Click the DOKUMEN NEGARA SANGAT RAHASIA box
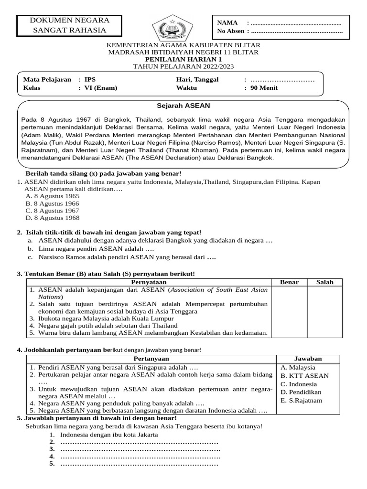pyautogui.click(x=70, y=26)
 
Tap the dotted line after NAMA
pyautogui.click(x=296, y=23)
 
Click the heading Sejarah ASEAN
pyautogui.click(x=183, y=105)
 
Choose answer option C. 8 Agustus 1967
pyautogui.click(x=53, y=211)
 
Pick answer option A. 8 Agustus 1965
pyautogui.click(x=53, y=196)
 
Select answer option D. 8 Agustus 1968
pyautogui.click(x=53, y=218)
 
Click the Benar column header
pyautogui.click(x=289, y=282)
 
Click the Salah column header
pyautogui.click(x=325, y=282)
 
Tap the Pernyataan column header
pyautogui.click(x=148, y=282)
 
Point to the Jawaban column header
pyautogui.click(x=308, y=359)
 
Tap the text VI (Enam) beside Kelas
pyautogui.click(x=100, y=88)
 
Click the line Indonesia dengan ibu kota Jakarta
pyautogui.click(x=109, y=435)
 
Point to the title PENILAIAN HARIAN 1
pyautogui.click(x=183, y=59)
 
